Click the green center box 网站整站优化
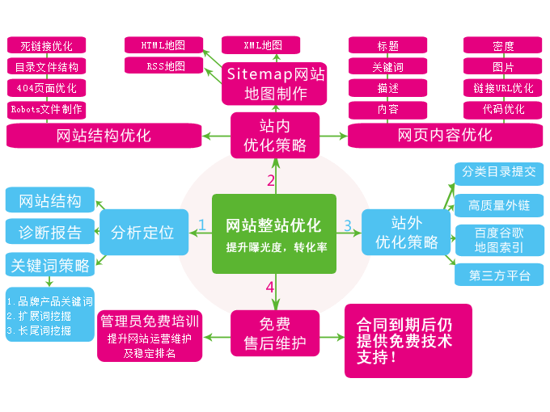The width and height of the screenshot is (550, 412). pyautogui.click(x=273, y=233)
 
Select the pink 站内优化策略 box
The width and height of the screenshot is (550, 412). pyautogui.click(x=275, y=135)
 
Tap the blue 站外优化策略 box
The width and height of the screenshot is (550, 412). pyautogui.click(x=404, y=232)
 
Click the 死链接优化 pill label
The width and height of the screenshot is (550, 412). pyautogui.click(x=46, y=46)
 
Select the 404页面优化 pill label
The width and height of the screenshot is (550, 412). pyautogui.click(x=46, y=88)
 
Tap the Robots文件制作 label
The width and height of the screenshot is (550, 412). pyautogui.click(x=46, y=109)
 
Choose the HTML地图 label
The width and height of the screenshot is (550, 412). pyautogui.click(x=163, y=45)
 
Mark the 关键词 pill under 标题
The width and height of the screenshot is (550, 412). pyautogui.click(x=387, y=67)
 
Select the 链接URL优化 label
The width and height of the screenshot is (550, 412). pyautogui.click(x=503, y=88)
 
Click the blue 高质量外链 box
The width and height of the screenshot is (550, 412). pyautogui.click(x=498, y=206)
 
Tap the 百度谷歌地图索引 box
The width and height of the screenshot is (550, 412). pyautogui.click(x=498, y=240)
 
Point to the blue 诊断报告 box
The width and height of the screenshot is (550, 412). pyautogui.click(x=50, y=233)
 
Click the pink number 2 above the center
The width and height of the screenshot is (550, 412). pyautogui.click(x=271, y=180)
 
